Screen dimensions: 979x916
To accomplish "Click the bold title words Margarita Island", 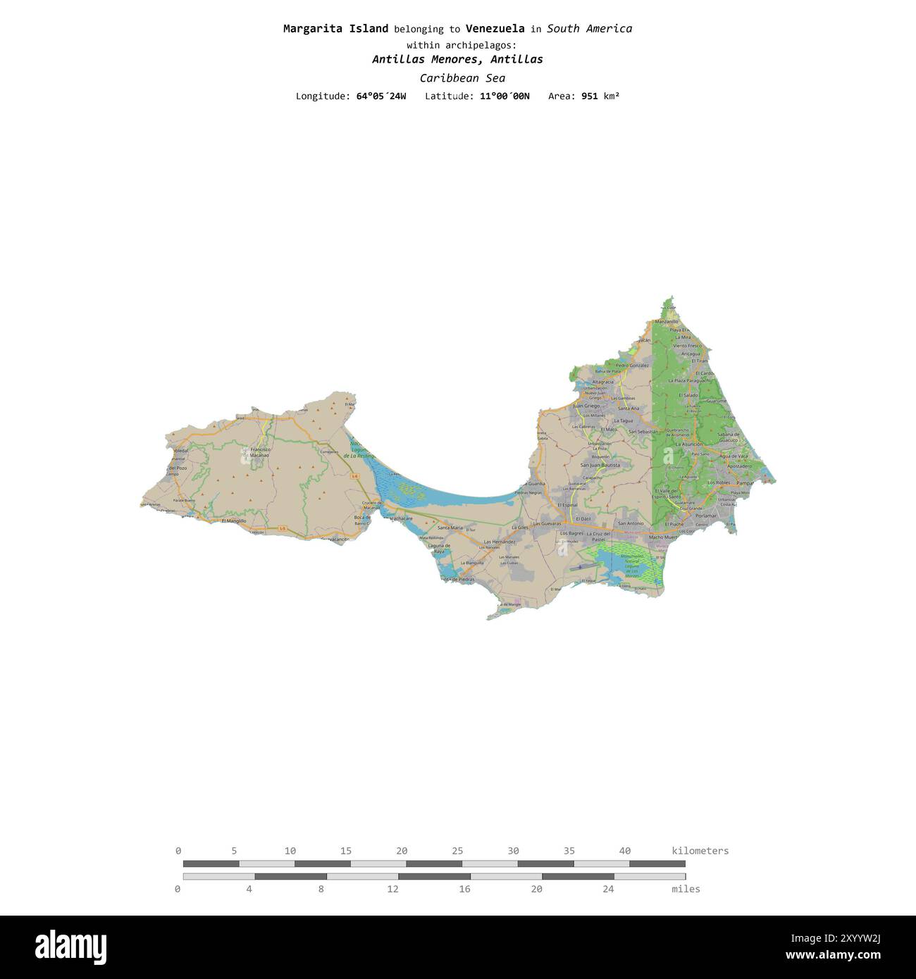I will tap(335, 29).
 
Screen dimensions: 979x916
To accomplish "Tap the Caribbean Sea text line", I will tap(462, 78).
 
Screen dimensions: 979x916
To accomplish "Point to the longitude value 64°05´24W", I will tap(381, 96).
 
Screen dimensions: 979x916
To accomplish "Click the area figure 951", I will tap(589, 96).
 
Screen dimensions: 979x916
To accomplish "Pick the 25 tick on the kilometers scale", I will tap(457, 851).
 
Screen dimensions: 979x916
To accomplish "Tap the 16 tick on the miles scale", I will tap(464, 889).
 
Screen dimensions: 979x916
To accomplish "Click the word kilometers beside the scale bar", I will tap(700, 851).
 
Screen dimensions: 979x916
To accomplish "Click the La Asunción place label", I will tap(688, 444).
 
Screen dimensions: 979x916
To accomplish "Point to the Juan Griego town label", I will tap(586, 406).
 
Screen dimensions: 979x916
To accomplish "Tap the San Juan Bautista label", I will tap(600, 465).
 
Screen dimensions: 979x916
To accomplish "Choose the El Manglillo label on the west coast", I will tap(234, 521).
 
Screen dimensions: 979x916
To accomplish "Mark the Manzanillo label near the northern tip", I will tap(666, 321).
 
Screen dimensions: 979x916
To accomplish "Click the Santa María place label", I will tap(450, 528).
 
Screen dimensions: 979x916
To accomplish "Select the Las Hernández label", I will tap(500, 542).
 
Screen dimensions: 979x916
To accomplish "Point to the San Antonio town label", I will tap(631, 523).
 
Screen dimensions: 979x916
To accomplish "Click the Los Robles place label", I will tap(719, 482).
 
